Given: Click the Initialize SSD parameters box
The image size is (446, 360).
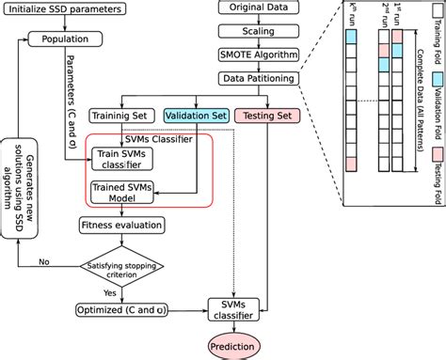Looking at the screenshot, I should pos(63,11).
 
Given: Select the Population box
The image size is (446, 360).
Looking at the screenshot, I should pos(64,39).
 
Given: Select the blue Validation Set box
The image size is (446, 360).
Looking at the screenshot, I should pos(196,116).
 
